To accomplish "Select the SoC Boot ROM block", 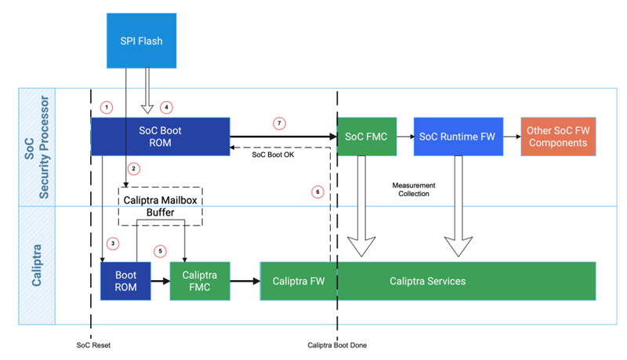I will point(160,136).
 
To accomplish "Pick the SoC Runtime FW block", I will point(456,136).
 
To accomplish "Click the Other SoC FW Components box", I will point(557,136).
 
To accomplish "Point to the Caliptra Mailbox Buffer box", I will point(160,205).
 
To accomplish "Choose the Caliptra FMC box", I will point(201,282).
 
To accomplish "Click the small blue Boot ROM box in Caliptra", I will point(125,282).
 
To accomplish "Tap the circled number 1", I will point(107,107).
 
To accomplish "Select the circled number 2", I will point(134,169).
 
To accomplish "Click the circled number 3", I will point(113,244).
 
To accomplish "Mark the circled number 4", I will point(165,107).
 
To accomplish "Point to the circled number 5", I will point(161,251).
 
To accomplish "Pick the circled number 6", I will point(317,191).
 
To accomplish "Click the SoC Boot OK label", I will point(272,154).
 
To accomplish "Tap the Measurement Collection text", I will point(414,189).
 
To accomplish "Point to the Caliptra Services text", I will point(427,281).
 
